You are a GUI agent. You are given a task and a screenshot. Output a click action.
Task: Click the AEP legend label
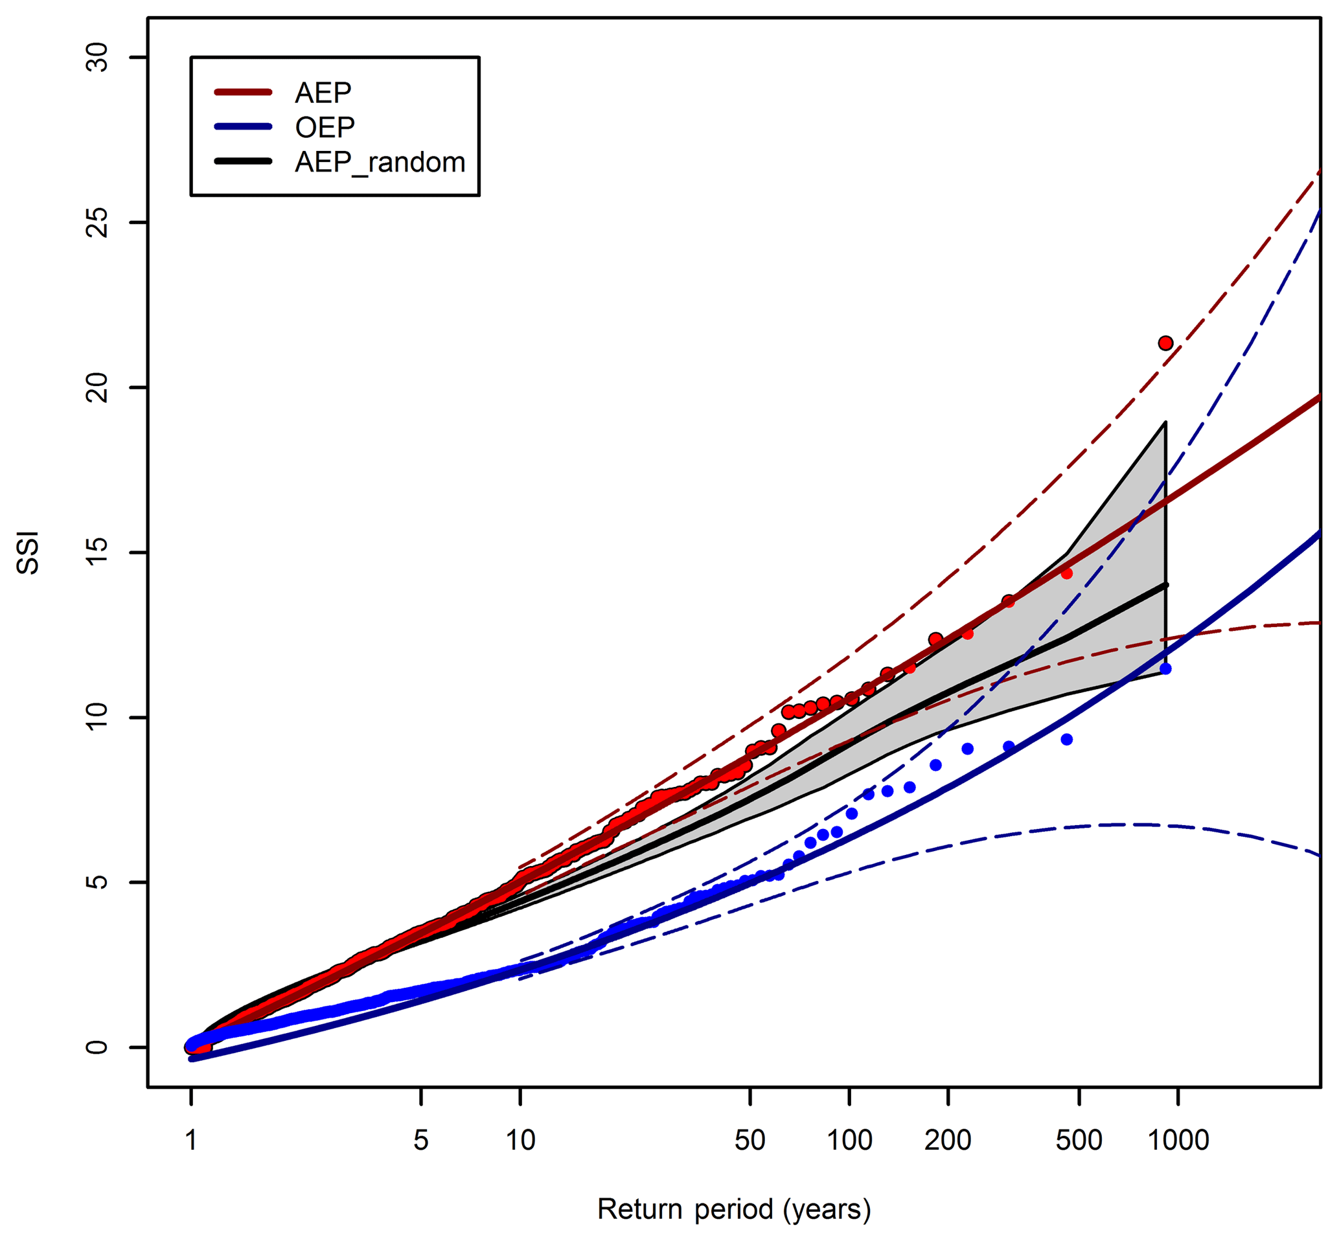point(323,93)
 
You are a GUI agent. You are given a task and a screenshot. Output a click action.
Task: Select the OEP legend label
point(325,127)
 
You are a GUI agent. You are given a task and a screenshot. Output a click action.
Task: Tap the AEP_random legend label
point(380,162)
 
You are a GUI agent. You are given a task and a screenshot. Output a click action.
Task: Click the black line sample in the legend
point(242,161)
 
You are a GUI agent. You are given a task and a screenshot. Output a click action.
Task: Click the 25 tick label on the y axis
point(98,222)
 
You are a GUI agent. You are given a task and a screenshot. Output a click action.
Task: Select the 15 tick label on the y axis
point(98,552)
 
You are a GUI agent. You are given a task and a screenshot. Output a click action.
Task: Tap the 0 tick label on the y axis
point(98,1047)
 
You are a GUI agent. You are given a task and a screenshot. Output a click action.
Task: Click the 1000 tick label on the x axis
point(1178,1140)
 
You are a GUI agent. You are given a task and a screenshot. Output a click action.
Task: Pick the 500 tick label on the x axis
point(1079,1140)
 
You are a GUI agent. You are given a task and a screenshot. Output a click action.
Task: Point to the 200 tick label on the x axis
point(948,1140)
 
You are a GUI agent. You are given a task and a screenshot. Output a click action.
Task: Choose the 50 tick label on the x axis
point(750,1140)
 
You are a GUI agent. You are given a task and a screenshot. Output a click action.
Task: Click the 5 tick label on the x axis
point(420,1140)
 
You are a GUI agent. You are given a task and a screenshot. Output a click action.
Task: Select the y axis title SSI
point(29,552)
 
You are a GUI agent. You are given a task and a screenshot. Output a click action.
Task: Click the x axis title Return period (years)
point(734,1209)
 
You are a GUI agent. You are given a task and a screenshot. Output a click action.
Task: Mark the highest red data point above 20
point(1165,343)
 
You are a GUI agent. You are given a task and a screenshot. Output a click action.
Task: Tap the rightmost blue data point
point(1165,669)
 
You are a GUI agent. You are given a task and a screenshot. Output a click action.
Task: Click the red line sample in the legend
point(242,92)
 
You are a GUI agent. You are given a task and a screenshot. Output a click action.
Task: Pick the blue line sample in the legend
point(242,126)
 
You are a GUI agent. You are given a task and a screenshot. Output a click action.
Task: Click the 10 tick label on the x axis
point(520,1140)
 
